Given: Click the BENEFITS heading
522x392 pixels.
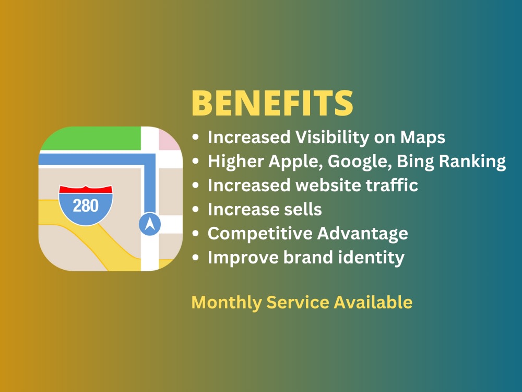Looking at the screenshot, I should pos(272,103).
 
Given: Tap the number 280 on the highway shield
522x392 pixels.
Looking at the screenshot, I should pos(86,205).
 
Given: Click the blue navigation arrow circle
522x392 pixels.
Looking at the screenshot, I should pos(150,224).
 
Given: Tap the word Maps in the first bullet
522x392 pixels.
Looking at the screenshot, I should pos(422,137).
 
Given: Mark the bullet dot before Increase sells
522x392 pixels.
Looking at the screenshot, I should pos(195,210).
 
